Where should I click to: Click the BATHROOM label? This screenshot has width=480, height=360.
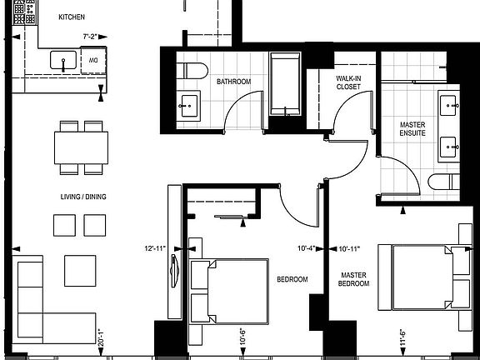click(234, 82)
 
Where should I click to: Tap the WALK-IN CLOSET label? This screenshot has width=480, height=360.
click(347, 82)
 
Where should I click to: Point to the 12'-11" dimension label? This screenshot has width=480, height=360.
click(154, 247)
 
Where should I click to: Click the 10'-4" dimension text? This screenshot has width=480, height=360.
click(310, 247)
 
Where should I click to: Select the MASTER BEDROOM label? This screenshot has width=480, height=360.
click(353, 278)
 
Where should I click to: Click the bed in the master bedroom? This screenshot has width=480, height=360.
click(424, 277)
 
